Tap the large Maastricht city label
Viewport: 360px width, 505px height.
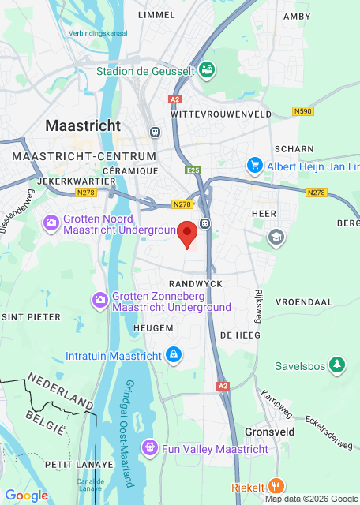pyautogui.click(x=83, y=125)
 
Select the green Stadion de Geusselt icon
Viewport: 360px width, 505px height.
pyautogui.click(x=207, y=70)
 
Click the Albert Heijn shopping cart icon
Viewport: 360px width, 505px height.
pyautogui.click(x=254, y=166)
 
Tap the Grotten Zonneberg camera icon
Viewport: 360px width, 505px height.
pyautogui.click(x=100, y=299)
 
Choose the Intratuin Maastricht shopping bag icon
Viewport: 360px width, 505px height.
pyautogui.click(x=173, y=355)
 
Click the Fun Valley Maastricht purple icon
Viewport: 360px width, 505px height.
pyautogui.click(x=149, y=448)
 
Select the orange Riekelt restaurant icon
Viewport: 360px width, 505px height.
pyautogui.click(x=275, y=486)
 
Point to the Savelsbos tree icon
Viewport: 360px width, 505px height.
pyautogui.click(x=338, y=365)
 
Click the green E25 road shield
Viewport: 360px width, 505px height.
pyautogui.click(x=194, y=170)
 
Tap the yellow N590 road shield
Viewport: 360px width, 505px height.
pyautogui.click(x=302, y=111)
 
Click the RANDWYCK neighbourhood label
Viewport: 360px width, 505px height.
pyautogui.click(x=196, y=282)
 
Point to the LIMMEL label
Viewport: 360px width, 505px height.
pyautogui.click(x=156, y=14)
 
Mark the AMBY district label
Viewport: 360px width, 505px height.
pyautogui.click(x=297, y=16)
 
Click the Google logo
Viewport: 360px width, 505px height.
pyautogui.click(x=26, y=495)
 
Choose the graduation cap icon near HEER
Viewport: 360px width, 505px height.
pyautogui.click(x=276, y=236)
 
